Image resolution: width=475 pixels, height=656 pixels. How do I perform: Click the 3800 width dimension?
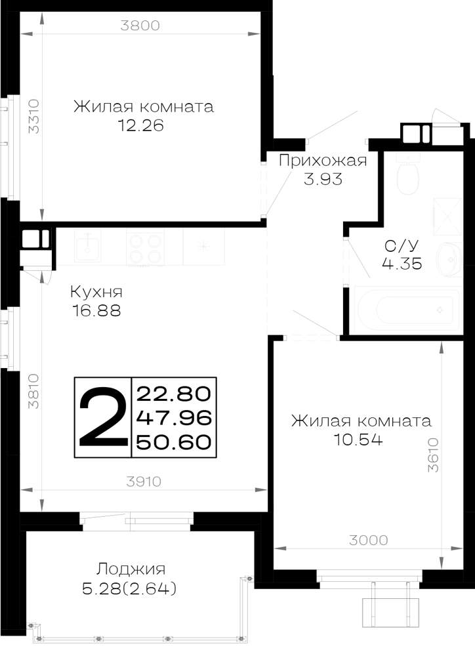tap(140, 26)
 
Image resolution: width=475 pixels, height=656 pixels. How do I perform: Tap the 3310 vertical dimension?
tap(33, 116)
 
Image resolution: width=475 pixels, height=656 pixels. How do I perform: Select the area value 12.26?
tap(140, 125)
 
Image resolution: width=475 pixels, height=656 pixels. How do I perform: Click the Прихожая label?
tap(323, 161)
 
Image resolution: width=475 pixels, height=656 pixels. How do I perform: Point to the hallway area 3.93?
tap(323, 179)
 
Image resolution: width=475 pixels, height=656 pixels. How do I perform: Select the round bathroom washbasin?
tap(449, 259)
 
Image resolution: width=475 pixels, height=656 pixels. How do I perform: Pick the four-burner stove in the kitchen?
tap(144, 247)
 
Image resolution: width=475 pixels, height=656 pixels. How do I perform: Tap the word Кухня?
tap(96, 292)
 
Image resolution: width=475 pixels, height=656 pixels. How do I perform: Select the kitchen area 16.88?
tap(96, 310)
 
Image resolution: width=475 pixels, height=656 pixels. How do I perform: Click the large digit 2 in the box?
tap(103, 417)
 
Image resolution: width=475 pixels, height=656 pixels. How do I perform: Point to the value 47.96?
tap(174, 417)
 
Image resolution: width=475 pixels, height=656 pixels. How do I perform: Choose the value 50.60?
tap(174, 442)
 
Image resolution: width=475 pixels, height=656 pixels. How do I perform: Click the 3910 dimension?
tap(144, 482)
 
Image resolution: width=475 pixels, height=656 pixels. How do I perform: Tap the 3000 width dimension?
tap(368, 540)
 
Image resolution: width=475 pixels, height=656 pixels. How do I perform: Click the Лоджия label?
tap(131, 569)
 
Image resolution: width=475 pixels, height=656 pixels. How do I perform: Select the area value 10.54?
tap(358, 440)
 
